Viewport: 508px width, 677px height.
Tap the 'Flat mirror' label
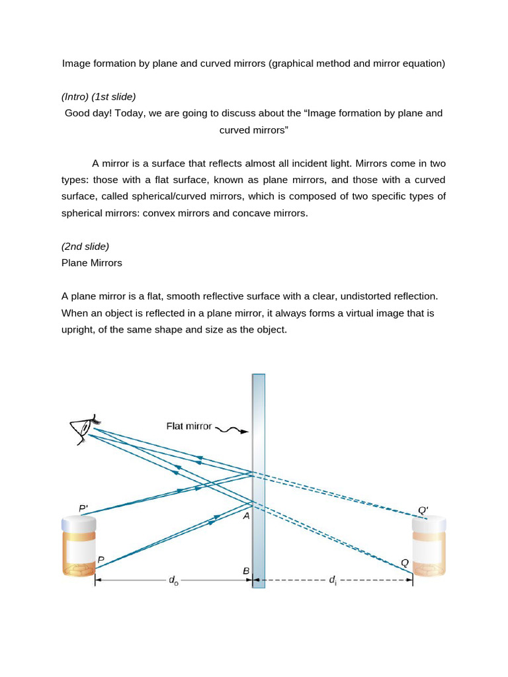click(189, 426)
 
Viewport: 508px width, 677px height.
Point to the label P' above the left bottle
click(83, 508)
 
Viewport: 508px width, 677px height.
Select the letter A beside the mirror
click(245, 516)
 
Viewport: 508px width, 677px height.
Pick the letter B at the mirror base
click(245, 571)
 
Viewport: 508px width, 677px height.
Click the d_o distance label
click(173, 580)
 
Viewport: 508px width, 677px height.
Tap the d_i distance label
click(332, 580)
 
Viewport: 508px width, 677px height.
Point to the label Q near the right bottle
click(405, 563)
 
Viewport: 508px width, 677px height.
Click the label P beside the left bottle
click(101, 559)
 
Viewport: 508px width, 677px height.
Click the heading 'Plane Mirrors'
click(91, 262)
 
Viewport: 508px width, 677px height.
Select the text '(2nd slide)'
click(85, 246)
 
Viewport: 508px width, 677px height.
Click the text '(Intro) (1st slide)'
click(99, 97)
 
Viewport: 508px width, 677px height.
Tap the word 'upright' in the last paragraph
click(79, 329)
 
